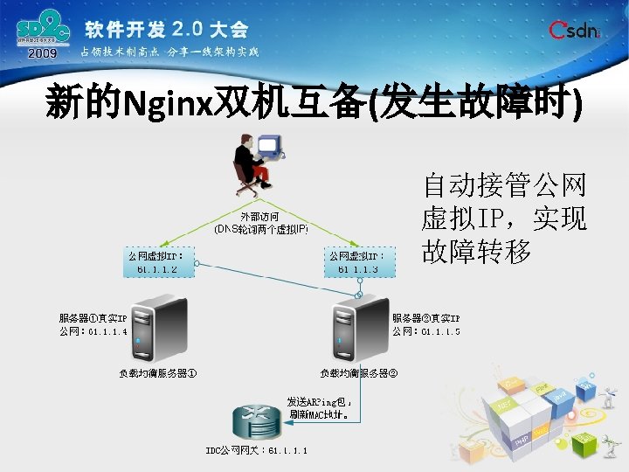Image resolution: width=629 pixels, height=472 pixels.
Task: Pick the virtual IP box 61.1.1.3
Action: (x=359, y=261)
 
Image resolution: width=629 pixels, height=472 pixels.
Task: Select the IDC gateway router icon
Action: (x=254, y=423)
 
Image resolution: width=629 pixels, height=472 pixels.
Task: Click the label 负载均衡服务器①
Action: (x=158, y=374)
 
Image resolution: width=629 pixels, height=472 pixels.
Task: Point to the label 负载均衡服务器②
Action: (x=359, y=374)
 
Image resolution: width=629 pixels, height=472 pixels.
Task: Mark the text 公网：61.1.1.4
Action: (x=93, y=332)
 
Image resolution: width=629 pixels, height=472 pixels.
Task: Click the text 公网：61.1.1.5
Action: (x=426, y=332)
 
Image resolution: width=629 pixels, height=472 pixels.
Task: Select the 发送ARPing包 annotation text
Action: (x=319, y=408)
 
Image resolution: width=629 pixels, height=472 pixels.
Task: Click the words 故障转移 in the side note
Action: (x=476, y=253)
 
